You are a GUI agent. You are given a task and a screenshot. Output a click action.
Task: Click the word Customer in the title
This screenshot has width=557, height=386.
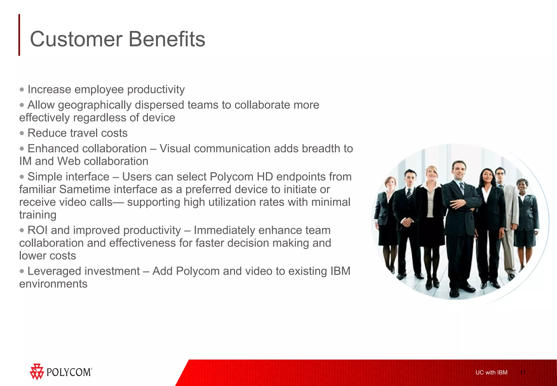[76, 39]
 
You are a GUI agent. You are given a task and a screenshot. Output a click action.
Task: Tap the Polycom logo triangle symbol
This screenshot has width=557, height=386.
[37, 372]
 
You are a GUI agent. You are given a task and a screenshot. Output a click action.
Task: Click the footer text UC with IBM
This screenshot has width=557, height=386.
[491, 372]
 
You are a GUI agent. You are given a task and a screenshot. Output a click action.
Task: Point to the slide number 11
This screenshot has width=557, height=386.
[522, 372]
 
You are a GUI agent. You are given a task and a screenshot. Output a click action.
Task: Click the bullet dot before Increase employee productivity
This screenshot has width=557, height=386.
[22, 90]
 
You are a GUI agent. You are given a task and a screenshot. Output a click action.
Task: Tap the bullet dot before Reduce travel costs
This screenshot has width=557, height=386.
[22, 133]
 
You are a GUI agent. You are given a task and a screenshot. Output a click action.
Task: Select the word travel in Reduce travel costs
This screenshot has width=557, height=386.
[84, 133]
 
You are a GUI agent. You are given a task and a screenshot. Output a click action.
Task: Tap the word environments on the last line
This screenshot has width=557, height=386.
[53, 284]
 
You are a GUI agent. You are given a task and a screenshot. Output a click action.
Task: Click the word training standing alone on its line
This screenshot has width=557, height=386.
[38, 215]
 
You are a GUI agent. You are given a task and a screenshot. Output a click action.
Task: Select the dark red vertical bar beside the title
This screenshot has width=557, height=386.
[19, 35]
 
